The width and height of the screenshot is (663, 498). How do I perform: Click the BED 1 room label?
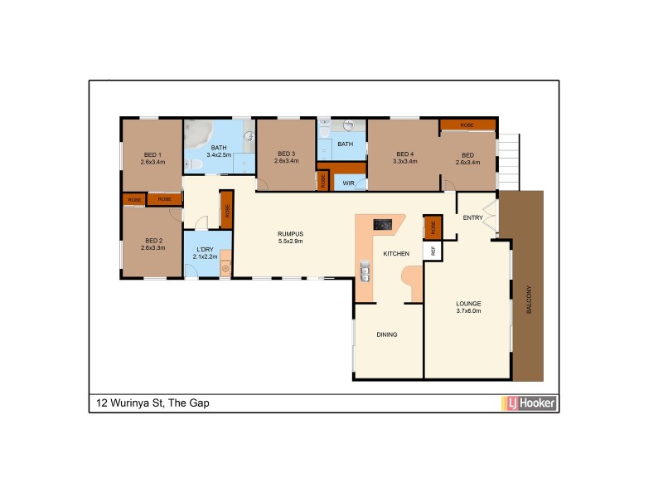(152, 154)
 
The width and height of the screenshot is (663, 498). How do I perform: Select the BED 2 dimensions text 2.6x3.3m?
(152, 248)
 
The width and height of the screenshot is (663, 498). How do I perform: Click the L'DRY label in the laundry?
(203, 250)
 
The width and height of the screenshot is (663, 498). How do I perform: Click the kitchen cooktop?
(383, 223)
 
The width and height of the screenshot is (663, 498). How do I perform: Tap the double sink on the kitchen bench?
(364, 270)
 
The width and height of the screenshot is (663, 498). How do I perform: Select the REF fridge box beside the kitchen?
(431, 249)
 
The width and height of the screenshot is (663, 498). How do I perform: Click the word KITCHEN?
(395, 253)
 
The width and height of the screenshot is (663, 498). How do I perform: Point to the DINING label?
(387, 335)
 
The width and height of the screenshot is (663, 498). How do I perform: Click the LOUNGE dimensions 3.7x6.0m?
(468, 310)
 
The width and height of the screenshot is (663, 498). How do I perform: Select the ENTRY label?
(473, 218)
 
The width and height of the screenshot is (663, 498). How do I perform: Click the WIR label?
(349, 182)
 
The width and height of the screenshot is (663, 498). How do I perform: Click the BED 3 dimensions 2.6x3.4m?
(286, 161)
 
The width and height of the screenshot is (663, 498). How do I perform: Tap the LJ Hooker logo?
(528, 403)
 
